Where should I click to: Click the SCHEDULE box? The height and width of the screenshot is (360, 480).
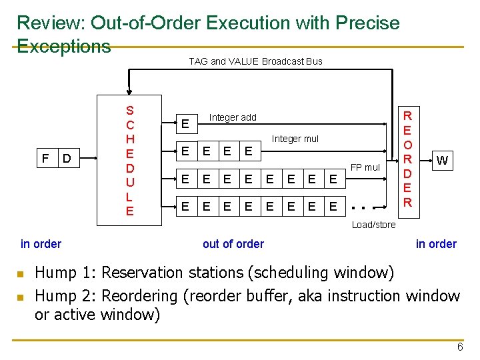click(129, 161)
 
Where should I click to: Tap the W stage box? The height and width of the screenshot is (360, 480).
click(441, 159)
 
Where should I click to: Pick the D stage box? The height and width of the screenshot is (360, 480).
click(67, 159)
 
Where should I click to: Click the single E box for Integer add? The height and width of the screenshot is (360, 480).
click(186, 124)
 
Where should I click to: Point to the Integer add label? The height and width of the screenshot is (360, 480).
click(233, 117)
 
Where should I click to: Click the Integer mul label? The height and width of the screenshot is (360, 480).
click(295, 139)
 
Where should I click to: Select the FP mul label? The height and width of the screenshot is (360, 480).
click(365, 167)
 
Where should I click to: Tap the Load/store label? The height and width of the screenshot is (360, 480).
click(373, 225)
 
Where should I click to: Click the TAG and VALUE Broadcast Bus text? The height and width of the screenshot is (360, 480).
click(255, 61)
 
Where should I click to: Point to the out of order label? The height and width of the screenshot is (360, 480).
click(233, 244)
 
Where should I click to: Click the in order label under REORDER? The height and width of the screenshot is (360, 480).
click(436, 244)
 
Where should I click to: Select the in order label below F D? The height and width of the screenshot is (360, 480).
click(41, 244)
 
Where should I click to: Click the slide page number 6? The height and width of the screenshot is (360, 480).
click(459, 347)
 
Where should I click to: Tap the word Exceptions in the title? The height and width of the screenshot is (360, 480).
click(63, 46)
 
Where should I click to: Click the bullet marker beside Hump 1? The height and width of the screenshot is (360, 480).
click(21, 273)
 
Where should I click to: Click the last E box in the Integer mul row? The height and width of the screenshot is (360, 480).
click(248, 152)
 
